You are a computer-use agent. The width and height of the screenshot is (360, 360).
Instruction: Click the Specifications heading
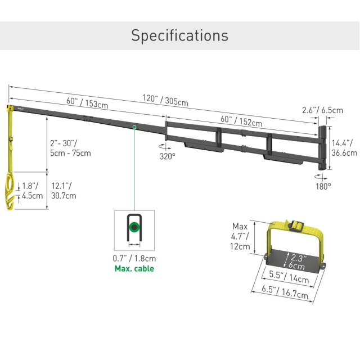coord(180,35)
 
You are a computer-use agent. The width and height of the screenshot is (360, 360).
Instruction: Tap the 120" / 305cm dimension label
coord(165,100)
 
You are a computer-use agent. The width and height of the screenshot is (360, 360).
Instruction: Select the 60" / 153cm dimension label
coord(87,102)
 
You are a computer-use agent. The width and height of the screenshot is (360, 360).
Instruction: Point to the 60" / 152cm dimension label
coord(241,121)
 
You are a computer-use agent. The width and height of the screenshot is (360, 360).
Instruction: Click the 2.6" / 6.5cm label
coord(322,110)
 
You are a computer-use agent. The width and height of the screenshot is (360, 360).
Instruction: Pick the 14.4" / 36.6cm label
coord(344,148)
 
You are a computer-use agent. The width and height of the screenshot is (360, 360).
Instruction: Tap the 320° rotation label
coord(168,156)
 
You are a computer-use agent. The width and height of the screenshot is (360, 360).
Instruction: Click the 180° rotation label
coord(323,186)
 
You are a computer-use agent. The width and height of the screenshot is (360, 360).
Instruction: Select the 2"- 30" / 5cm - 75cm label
coord(70,148)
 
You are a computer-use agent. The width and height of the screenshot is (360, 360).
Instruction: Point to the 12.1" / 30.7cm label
coord(64,191)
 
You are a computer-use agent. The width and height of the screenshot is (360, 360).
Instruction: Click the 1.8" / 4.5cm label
coord(33,191)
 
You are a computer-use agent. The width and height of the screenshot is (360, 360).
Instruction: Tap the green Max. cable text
coord(134,268)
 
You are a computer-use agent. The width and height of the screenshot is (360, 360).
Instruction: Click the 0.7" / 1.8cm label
coord(134,258)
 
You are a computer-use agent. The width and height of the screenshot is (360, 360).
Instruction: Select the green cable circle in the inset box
coord(134,227)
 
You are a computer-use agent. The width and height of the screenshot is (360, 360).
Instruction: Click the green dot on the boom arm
coord(134,127)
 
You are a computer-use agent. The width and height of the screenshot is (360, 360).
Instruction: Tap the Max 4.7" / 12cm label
coord(240,236)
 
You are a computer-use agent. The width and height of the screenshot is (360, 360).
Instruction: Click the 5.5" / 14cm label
coord(289,277)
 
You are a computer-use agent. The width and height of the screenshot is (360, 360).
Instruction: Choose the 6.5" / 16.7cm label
coord(285,292)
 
